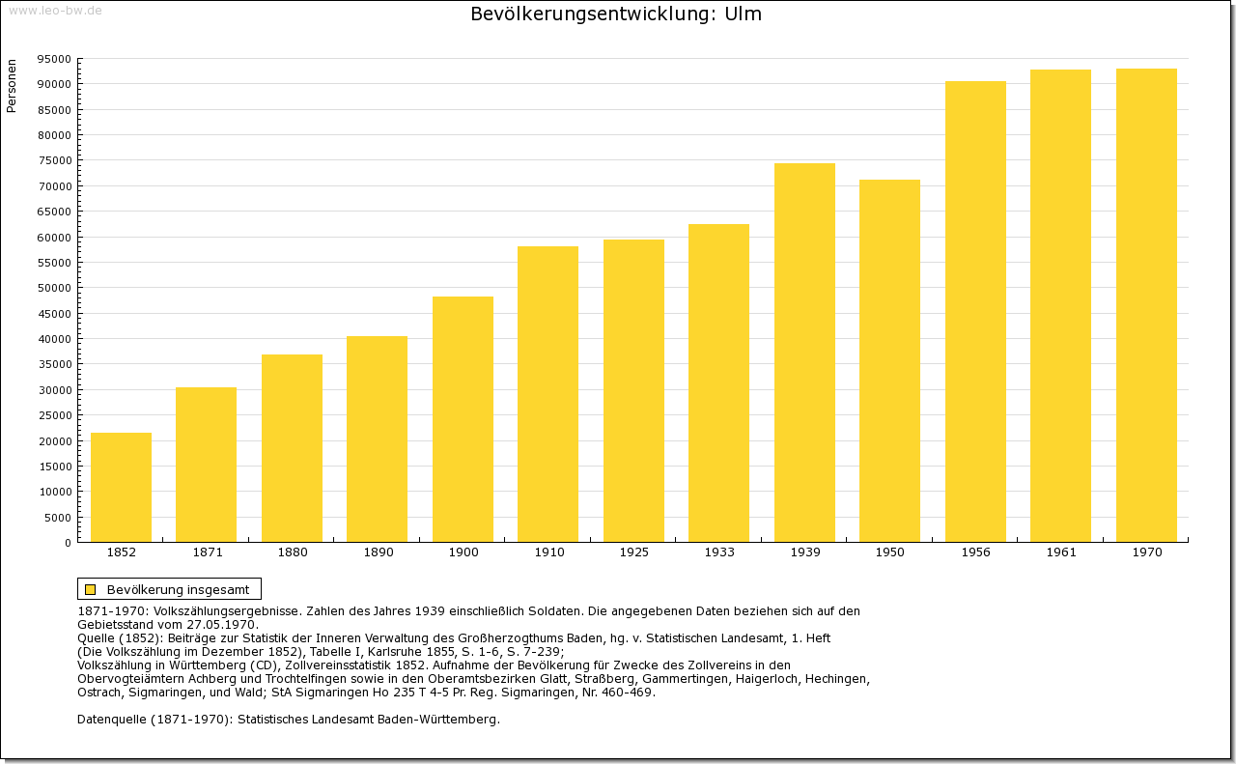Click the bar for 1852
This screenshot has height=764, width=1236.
(x=121, y=487)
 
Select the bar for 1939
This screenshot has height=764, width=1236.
(x=804, y=353)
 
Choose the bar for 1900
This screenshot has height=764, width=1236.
(x=463, y=419)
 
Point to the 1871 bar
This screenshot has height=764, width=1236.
(x=206, y=465)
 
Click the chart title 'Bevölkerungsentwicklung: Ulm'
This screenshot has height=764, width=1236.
(x=616, y=14)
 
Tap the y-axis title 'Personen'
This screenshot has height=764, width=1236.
(x=12, y=86)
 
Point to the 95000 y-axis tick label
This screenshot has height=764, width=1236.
(x=54, y=59)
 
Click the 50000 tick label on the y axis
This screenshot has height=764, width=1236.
(x=54, y=288)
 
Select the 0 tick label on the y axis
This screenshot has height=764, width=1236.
(x=68, y=543)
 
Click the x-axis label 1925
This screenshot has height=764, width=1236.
(x=633, y=552)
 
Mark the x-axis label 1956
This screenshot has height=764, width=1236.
(x=975, y=552)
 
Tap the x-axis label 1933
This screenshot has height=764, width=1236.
(x=719, y=552)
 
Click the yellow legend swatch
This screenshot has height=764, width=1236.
(x=91, y=589)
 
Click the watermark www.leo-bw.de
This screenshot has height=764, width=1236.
(x=55, y=11)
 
